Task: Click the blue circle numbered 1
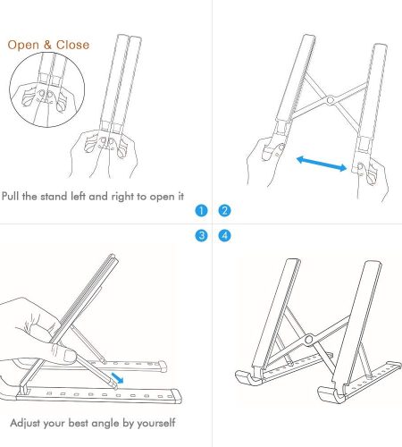coord(201,211)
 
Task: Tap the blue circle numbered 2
coord(224,211)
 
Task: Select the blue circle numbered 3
coord(201,235)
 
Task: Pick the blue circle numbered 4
coord(224,235)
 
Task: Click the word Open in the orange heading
coord(23,45)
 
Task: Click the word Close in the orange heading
coord(72,45)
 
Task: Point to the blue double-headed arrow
coord(322,164)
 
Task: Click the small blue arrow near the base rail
coord(117,377)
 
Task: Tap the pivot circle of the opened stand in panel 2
coord(330,100)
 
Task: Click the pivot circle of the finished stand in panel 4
coord(309,340)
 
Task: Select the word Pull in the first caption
coord(11,197)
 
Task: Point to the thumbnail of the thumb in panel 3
coord(70,356)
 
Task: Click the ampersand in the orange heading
coord(47,45)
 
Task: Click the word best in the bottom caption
coord(79,423)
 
